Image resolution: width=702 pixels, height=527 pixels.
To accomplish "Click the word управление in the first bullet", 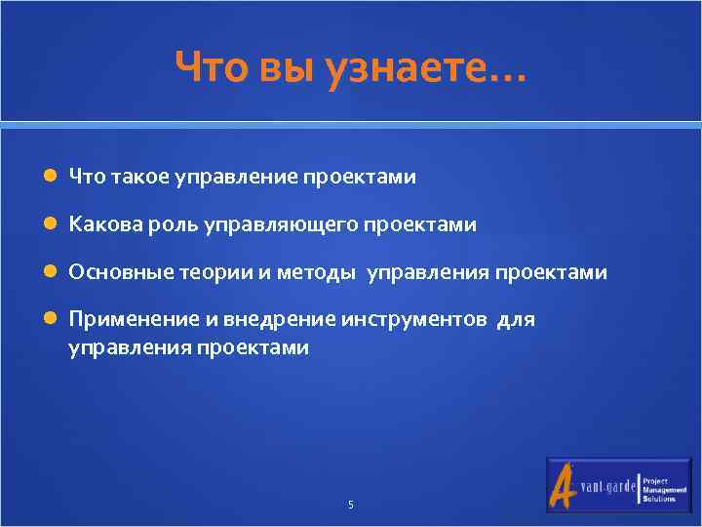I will (235, 178).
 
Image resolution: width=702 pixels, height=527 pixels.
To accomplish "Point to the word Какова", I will (97, 225).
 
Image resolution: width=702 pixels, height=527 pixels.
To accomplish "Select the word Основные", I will (120, 273).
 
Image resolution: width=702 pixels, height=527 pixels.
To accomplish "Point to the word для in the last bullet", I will (517, 320).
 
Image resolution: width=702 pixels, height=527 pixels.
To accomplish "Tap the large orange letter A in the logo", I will (565, 485).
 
